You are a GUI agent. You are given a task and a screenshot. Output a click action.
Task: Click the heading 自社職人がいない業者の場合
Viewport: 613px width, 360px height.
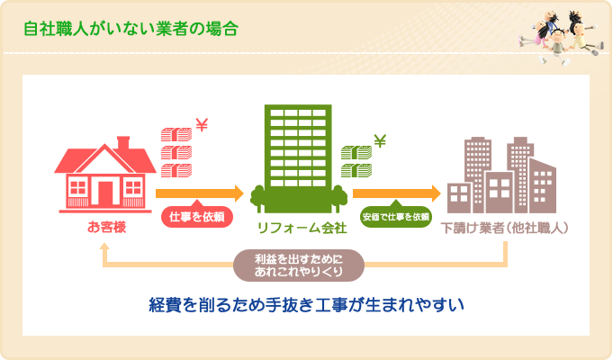click(x=131, y=28)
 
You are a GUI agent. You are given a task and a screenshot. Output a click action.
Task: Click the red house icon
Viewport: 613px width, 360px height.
click(x=104, y=175)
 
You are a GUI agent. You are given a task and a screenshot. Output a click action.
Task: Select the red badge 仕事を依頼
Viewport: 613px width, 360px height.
click(x=196, y=217)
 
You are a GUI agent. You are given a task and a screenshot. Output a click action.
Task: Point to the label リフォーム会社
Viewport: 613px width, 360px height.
click(x=298, y=227)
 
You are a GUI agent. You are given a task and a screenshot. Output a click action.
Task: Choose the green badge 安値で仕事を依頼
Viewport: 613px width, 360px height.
click(x=396, y=217)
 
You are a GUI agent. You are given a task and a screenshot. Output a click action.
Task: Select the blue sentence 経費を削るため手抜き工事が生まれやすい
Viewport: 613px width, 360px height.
click(x=306, y=305)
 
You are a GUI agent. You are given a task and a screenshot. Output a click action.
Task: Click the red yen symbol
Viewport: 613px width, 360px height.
click(x=202, y=127)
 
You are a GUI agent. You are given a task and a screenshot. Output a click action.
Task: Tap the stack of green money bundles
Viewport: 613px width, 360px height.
click(x=356, y=162)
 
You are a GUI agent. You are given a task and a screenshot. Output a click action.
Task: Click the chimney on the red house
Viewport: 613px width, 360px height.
click(x=123, y=143)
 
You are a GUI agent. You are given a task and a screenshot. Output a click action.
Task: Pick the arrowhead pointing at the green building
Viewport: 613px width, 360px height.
click(x=239, y=193)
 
